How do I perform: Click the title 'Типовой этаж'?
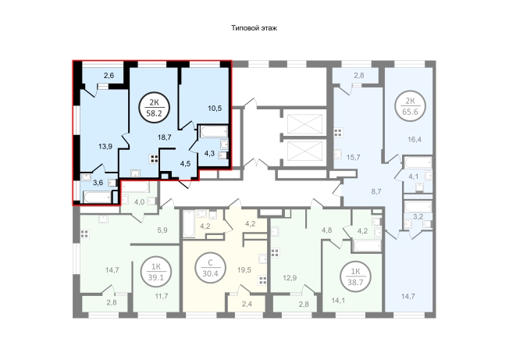point(254,28)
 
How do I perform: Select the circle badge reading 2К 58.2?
point(155,108)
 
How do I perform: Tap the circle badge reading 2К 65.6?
point(411,106)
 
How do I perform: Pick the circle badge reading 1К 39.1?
point(156,272)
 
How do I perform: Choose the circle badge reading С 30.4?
point(210,268)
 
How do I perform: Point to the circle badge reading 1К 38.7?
point(355,277)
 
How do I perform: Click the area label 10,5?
point(215,108)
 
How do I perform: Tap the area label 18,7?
point(165,137)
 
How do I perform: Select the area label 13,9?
point(105,146)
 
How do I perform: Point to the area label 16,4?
point(415,140)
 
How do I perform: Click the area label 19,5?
point(244,269)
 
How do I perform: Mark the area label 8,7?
point(376,191)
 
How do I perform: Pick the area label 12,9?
point(290,278)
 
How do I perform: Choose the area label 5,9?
point(162,230)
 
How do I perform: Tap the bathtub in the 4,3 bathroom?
point(214,132)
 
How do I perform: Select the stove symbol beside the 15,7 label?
point(338,133)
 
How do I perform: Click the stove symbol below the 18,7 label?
point(154,159)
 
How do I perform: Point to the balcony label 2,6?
point(109,76)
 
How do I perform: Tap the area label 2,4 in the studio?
point(247,305)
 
